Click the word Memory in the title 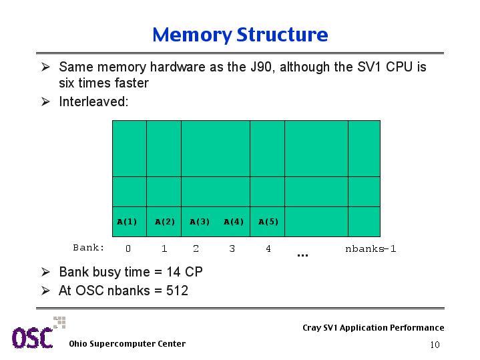coord(192,35)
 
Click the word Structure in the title coord(282,34)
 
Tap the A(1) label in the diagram coord(127,222)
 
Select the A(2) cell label coord(165,222)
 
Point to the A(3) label coord(200,222)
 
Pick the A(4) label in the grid coord(234,222)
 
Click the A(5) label coord(268,222)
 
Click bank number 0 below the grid coord(128,248)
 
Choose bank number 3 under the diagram coord(232,248)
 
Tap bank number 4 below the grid coord(268,248)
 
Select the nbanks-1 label coord(371,248)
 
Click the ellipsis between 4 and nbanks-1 coord(302,255)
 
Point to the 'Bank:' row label coord(89,247)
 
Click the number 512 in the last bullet coord(177,291)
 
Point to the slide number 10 coord(435,345)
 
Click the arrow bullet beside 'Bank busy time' coord(45,272)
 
